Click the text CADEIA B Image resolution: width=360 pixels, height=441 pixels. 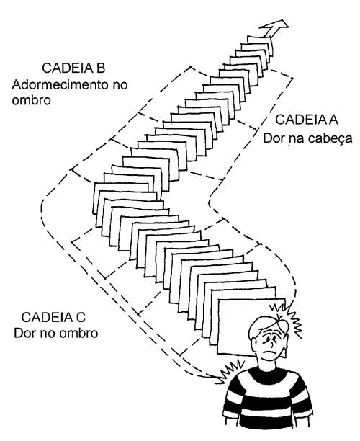[73, 68]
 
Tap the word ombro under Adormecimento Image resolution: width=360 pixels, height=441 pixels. [32, 100]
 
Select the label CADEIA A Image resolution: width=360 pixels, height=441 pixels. [307, 120]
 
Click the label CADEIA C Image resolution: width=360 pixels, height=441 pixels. [53, 318]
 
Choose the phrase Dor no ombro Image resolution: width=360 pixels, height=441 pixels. [56, 334]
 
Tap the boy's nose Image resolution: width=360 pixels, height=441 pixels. [272, 342]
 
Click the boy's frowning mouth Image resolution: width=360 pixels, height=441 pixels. [269, 352]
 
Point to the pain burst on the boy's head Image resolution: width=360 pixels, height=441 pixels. [287, 318]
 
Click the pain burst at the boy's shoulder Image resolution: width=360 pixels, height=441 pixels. [231, 371]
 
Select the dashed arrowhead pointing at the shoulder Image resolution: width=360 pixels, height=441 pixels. [217, 378]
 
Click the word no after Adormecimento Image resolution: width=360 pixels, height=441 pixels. [120, 85]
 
